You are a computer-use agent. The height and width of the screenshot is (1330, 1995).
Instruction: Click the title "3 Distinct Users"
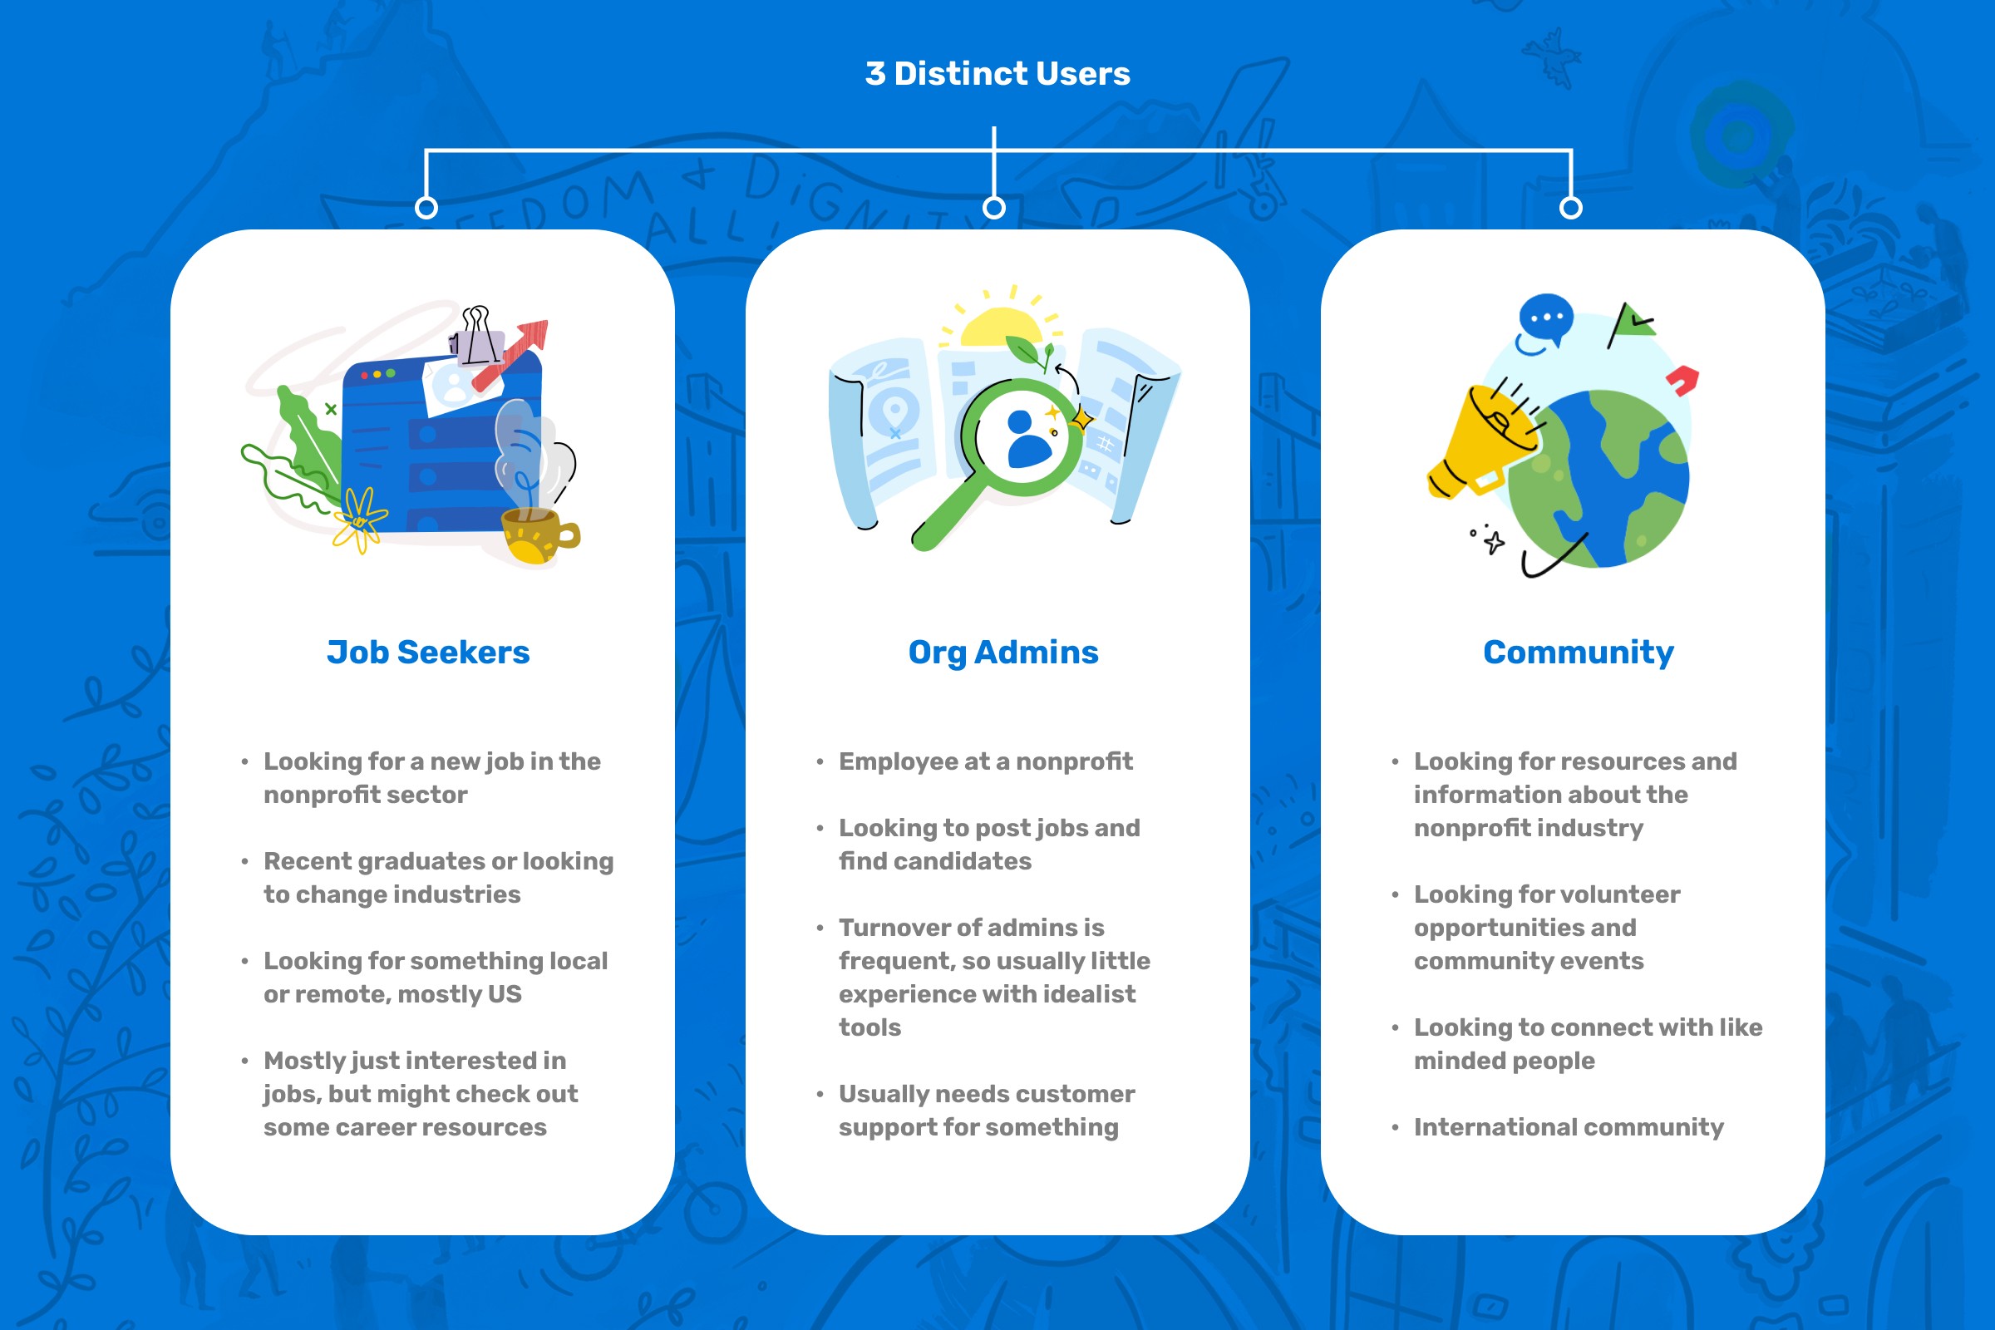click(x=997, y=74)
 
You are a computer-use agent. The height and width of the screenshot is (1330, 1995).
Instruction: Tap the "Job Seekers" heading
click(x=428, y=653)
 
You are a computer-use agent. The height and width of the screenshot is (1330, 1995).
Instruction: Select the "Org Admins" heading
click(x=1002, y=653)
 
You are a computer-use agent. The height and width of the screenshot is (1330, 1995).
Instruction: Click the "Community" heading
click(x=1578, y=653)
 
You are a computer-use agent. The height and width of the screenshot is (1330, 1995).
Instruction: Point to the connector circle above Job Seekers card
click(x=426, y=208)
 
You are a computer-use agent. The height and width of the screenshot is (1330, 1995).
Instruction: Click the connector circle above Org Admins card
click(x=994, y=208)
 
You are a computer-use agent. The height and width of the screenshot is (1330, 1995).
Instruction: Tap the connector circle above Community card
click(x=1571, y=208)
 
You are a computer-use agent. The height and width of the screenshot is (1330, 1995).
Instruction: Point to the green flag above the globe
click(x=1633, y=323)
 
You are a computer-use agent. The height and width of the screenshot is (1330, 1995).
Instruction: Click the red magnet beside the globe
click(x=1682, y=381)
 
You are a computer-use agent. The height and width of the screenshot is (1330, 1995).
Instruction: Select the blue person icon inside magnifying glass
click(x=1027, y=439)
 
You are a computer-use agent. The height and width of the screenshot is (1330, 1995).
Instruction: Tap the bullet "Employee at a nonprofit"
click(x=985, y=761)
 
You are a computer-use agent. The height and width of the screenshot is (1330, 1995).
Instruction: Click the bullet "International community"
click(x=1568, y=1127)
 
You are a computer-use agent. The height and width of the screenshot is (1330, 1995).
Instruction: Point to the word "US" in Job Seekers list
click(x=504, y=994)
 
